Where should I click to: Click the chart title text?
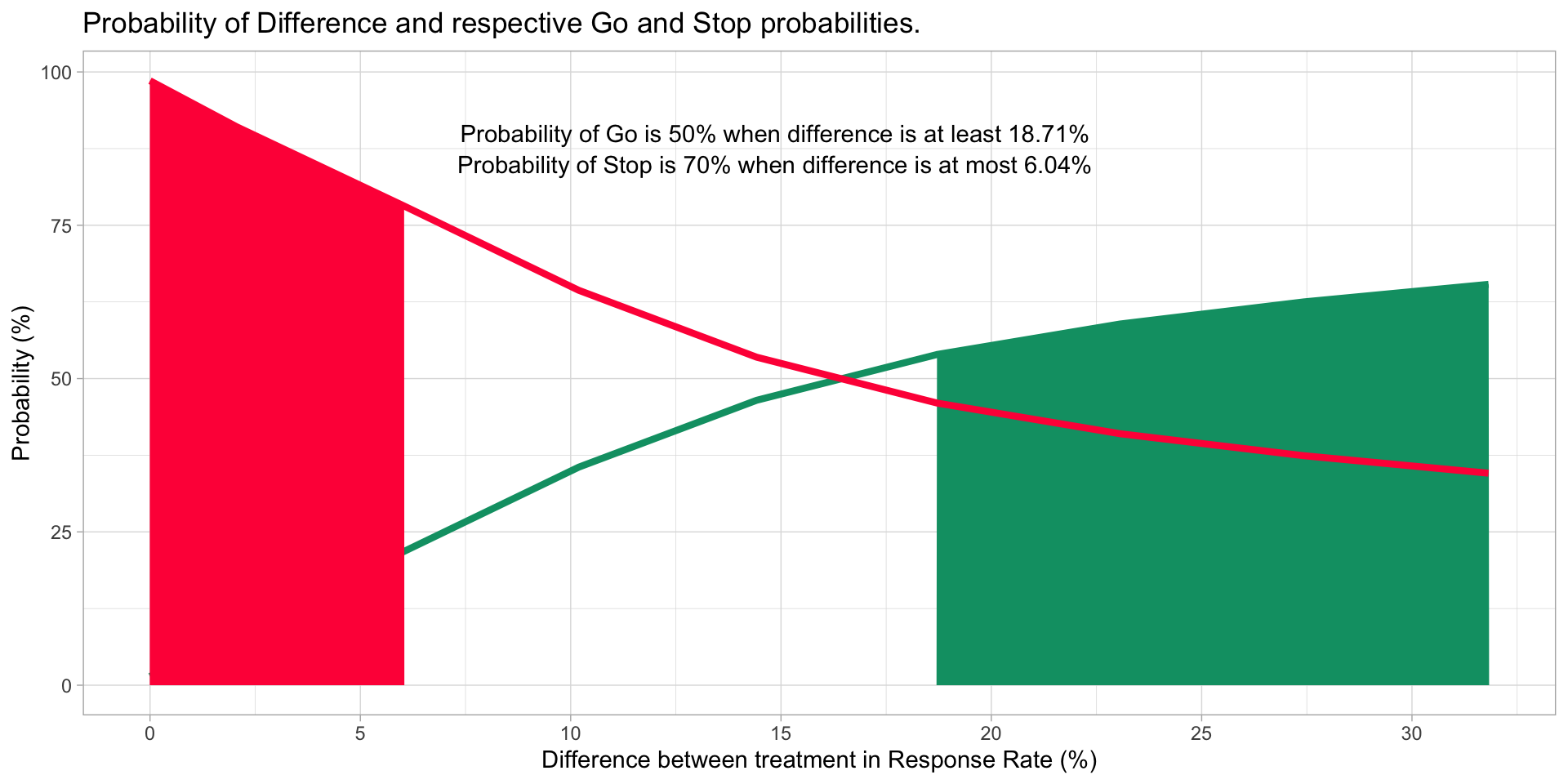(501, 24)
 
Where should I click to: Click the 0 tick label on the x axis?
(149, 733)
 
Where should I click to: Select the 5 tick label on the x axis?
(360, 733)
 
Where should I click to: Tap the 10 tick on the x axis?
(570, 733)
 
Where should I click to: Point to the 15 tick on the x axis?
(781, 733)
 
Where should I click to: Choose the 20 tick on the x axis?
(991, 733)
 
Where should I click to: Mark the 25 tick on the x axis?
(1201, 733)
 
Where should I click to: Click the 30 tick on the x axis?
(1411, 733)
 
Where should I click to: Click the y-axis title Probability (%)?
(22, 383)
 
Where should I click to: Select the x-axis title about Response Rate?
(818, 760)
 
